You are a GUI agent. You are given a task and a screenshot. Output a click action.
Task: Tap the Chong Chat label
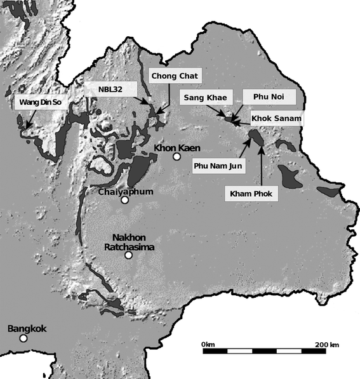(174, 76)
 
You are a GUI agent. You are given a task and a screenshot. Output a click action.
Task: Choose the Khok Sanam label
(276, 119)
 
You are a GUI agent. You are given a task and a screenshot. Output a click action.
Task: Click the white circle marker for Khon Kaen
(177, 156)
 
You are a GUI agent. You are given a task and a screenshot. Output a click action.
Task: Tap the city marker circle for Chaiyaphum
(125, 200)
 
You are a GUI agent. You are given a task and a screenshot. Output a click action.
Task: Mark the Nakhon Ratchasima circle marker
(128, 255)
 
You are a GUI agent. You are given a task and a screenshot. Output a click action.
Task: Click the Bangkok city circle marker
(23, 338)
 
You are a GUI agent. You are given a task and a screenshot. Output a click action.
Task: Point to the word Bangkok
(27, 329)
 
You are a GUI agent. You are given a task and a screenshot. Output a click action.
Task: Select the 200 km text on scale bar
(326, 343)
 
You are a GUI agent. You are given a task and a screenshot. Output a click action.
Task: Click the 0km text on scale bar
(208, 343)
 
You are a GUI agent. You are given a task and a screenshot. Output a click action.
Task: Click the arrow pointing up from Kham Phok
(262, 165)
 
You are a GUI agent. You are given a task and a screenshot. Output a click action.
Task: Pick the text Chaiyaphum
(124, 190)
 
